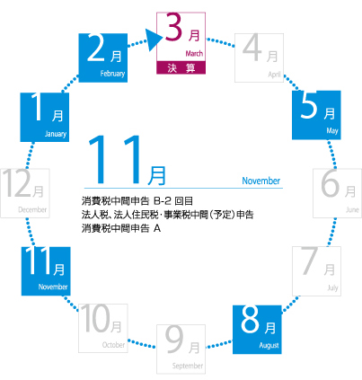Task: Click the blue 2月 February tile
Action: click(x=103, y=57)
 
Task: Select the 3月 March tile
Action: click(x=181, y=43)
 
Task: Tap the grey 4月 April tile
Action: click(x=259, y=57)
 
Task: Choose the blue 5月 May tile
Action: click(x=316, y=115)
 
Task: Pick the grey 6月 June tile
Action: click(x=338, y=193)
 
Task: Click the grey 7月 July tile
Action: click(x=316, y=271)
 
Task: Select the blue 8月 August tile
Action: click(x=257, y=330)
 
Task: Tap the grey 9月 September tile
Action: click(x=181, y=349)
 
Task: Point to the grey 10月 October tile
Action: click(x=103, y=328)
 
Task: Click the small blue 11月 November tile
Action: click(x=46, y=271)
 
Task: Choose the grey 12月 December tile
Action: click(x=25, y=193)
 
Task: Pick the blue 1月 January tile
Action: click(x=45, y=117)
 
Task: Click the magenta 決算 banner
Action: click(x=181, y=67)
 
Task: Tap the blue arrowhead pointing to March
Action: click(x=155, y=40)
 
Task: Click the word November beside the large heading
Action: click(x=261, y=181)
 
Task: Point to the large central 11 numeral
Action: click(x=114, y=159)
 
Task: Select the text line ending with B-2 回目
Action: click(x=137, y=200)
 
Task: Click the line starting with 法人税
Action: click(x=168, y=215)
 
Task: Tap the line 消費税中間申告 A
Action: click(x=121, y=228)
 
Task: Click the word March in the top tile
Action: click(x=194, y=54)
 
